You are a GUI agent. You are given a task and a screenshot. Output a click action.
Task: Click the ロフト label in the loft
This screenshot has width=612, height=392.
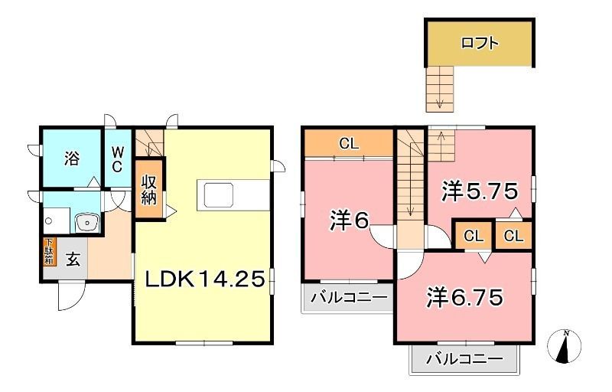480,44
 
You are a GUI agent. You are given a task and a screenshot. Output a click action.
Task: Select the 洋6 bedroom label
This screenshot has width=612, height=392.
349,221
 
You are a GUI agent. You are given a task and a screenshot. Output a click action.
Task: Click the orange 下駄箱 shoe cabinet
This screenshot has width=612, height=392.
48,251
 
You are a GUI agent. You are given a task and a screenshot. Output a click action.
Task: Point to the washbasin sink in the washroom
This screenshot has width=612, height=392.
86,223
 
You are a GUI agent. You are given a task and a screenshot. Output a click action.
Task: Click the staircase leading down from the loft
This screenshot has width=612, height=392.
439,87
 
